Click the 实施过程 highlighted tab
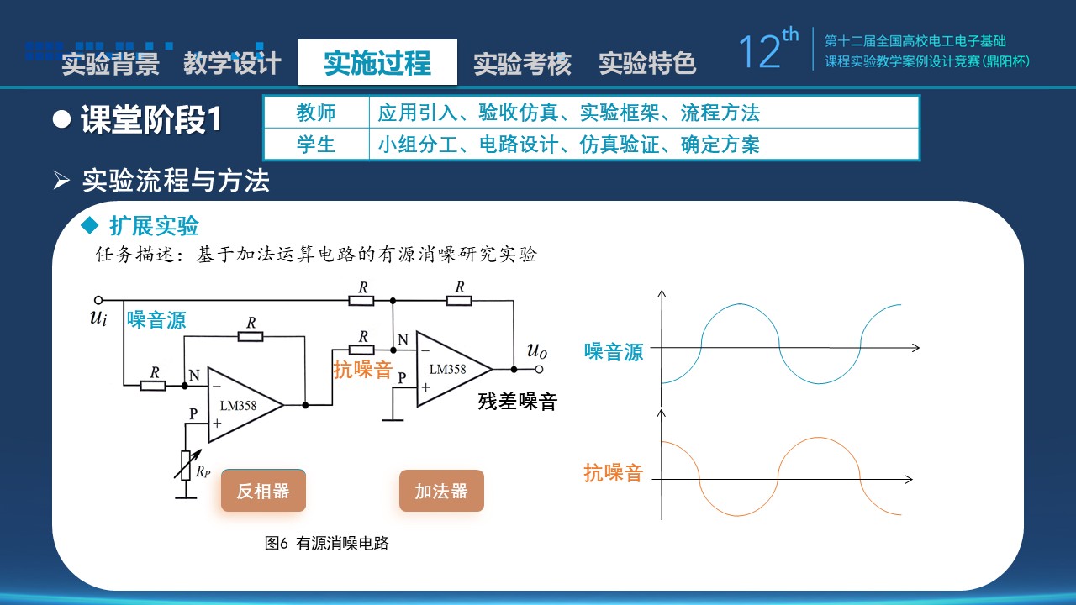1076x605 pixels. coord(377,63)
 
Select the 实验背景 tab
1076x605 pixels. coord(110,64)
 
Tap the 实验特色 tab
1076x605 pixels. coord(647,63)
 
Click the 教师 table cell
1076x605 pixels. coord(316,113)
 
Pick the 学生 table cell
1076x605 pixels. coord(316,145)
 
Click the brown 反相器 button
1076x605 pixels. coord(263,492)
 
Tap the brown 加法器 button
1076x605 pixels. coord(441,492)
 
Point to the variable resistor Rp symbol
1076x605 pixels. coord(186,464)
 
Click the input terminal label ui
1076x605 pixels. coord(98,318)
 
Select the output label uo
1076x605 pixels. coord(537,350)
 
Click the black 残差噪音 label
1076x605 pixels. coord(517,402)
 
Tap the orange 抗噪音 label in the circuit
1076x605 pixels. coord(363,369)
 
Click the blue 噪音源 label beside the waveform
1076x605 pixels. coord(614,352)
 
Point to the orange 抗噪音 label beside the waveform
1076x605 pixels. coord(614,473)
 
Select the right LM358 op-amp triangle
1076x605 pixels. coord(450,369)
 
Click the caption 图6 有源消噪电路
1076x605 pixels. coord(327,543)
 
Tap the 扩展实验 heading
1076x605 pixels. coord(154,225)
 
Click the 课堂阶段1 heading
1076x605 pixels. coord(150,120)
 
